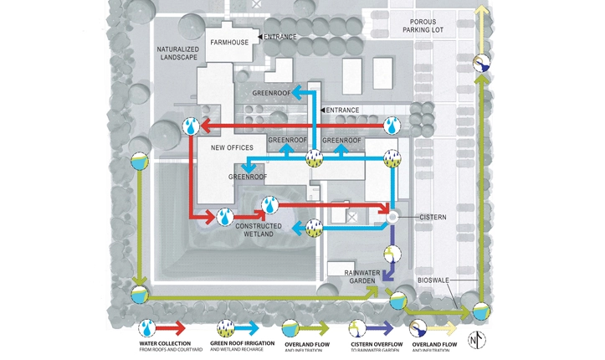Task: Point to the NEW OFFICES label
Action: (x=231, y=148)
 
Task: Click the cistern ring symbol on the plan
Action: (x=391, y=218)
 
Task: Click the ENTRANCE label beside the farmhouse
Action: (x=281, y=37)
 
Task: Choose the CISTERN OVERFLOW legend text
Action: (x=374, y=345)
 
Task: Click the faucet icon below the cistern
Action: (x=390, y=251)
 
